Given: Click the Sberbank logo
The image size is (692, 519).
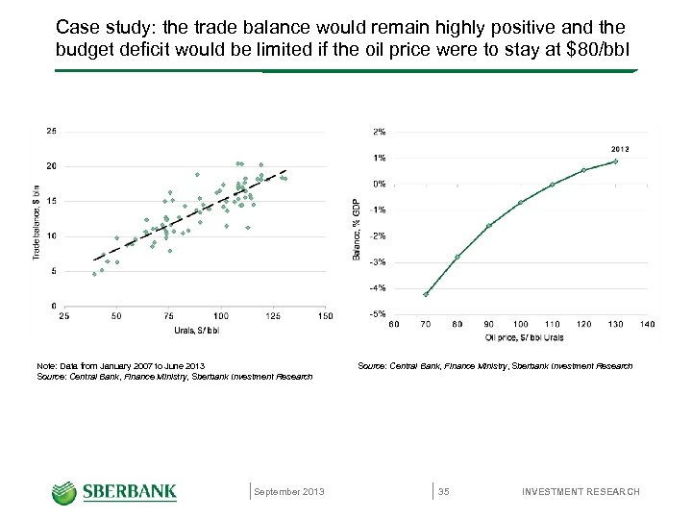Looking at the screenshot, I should pos(114,491).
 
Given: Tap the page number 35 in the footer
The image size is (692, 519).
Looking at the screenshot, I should pos(444,492).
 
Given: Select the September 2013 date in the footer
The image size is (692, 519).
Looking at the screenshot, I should pos(289,492).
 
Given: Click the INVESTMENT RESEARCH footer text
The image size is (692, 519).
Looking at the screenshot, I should pos(581,492).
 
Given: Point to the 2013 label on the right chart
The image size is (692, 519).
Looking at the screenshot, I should pos(620,148).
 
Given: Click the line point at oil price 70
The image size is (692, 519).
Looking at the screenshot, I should pos(426,294).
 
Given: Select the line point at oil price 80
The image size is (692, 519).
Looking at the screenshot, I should pos(457,257).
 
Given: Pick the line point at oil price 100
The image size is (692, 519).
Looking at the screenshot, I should pos(520,202).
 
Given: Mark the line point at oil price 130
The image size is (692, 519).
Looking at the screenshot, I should pos(615,161).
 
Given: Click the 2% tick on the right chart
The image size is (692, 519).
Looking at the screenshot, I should pos(380,132).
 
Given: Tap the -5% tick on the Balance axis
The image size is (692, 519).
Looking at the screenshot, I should pos(379,313).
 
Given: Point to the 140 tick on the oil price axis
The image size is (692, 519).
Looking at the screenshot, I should pos(647,325).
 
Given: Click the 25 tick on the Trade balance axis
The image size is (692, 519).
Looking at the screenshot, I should pos(50,132).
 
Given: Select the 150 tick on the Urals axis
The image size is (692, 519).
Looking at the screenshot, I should pos(326,316).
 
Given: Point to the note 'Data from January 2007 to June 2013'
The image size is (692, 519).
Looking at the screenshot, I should pos(120,366).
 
